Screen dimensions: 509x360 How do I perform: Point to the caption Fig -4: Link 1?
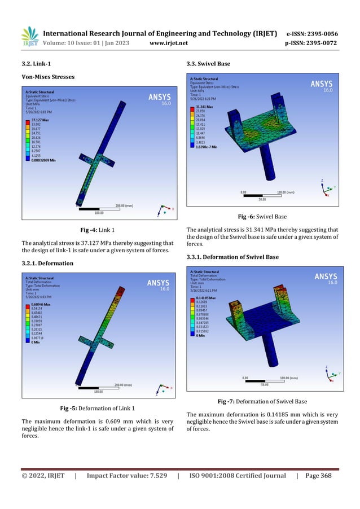point(98,230)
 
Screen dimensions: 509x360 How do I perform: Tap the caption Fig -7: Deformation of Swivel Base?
point(262,401)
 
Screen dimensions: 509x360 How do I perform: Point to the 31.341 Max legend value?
point(204,106)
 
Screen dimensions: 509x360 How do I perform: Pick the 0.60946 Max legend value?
point(36,304)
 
